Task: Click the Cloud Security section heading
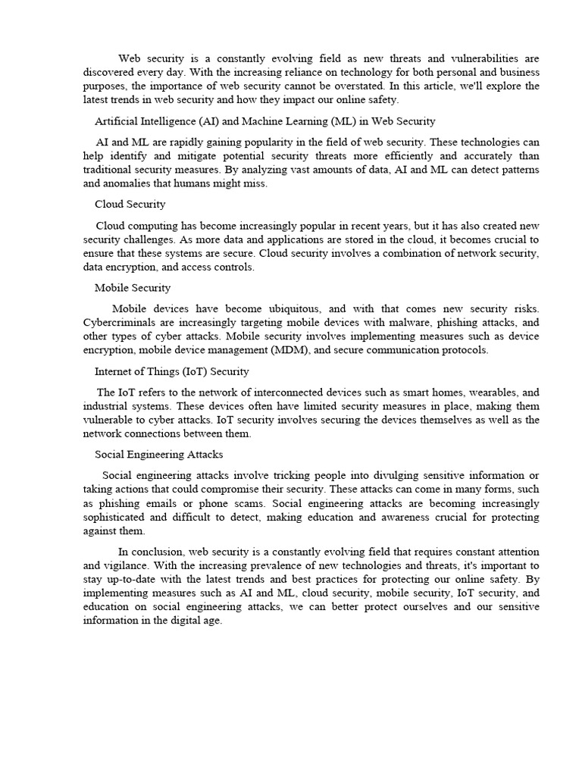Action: click(x=130, y=204)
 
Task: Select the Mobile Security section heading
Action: click(x=133, y=287)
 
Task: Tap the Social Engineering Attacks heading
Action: click(x=158, y=454)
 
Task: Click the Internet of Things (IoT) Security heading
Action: click(x=171, y=371)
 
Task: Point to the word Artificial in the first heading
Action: click(x=117, y=120)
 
